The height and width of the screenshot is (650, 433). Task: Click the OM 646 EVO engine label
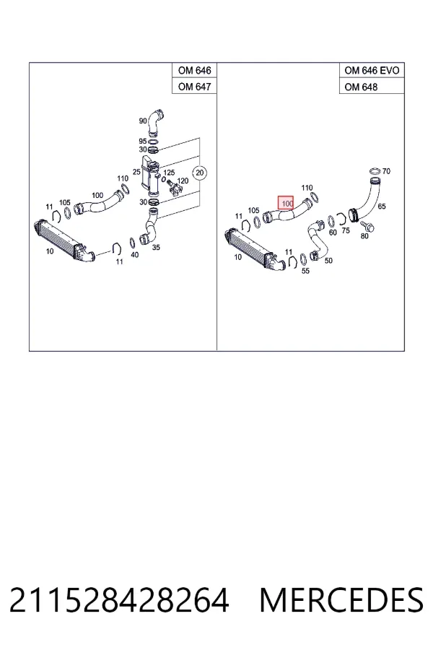coord(372,71)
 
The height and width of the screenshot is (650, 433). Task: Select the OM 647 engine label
coord(194,87)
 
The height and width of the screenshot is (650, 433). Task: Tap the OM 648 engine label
coord(361,87)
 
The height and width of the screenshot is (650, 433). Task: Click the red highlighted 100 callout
coord(286,204)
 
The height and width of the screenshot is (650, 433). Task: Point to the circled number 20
coord(200,173)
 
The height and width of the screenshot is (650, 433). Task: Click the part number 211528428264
coord(119,600)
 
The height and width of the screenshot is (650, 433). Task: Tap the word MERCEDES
coord(341,600)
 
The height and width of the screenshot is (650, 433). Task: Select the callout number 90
coord(143,121)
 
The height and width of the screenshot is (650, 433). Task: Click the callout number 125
coord(169,173)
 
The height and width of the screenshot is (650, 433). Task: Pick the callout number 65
coord(382,206)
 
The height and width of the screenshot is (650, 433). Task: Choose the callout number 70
coord(386,171)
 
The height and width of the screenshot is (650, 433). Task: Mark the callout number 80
coord(364,236)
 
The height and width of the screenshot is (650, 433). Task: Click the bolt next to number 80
coord(367,226)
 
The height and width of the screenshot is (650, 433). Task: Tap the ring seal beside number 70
coord(374,171)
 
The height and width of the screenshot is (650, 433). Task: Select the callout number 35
coord(156,248)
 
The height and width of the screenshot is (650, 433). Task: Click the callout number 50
coord(328,261)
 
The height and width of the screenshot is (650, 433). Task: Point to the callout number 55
coord(305,271)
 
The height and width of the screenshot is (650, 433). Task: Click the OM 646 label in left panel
coord(194,71)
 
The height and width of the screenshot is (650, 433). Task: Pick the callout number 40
coord(135,255)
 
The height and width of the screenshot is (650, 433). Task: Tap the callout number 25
coord(136,172)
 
